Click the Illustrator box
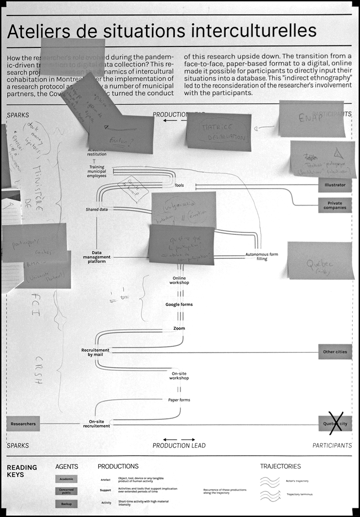[x=335, y=185]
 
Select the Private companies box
[x=335, y=205]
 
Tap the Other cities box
[x=335, y=352]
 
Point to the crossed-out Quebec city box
[x=335, y=424]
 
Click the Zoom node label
[x=179, y=328]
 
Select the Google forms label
[x=179, y=305]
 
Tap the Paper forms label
[x=179, y=400]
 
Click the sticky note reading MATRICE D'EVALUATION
[x=219, y=132]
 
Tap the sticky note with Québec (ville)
[x=320, y=260]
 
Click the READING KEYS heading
[x=22, y=470]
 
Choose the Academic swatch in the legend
[x=67, y=479]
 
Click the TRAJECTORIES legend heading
[x=280, y=466]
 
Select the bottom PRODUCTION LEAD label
[x=179, y=445]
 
